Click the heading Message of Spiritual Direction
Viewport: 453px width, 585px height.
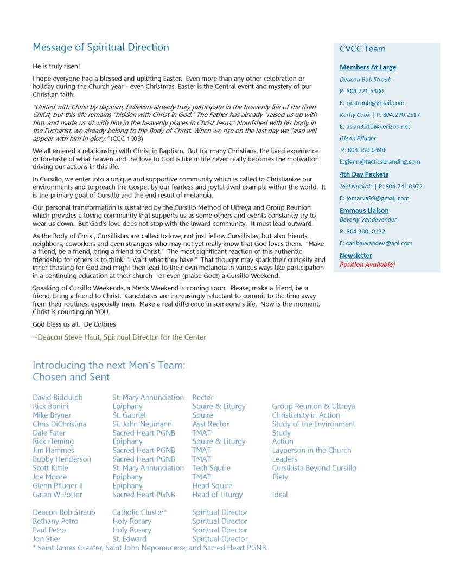[101, 47]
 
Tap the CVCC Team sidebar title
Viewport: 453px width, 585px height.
[362, 49]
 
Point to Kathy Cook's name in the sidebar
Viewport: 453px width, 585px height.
[355, 115]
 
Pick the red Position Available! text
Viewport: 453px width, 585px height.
[367, 265]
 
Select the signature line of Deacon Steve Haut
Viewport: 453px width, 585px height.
[119, 337]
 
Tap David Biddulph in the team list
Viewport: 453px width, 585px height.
[58, 398]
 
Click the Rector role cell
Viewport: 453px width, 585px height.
[203, 398]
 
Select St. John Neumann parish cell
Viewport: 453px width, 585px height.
[142, 424]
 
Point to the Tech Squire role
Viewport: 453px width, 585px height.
[211, 468]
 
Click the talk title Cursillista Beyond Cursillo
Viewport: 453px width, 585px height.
[314, 468]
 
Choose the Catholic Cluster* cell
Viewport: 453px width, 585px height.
[139, 512]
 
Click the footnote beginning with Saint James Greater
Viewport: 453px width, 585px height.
[150, 548]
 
